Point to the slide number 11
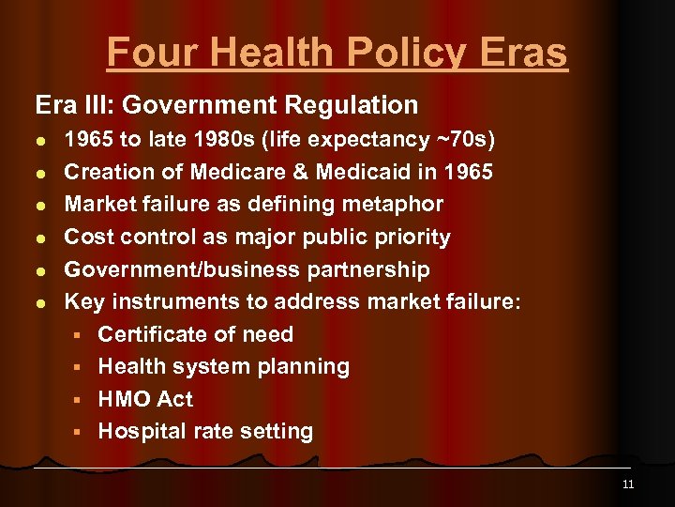(627, 484)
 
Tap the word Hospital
(140, 431)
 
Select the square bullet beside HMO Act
(82, 400)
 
